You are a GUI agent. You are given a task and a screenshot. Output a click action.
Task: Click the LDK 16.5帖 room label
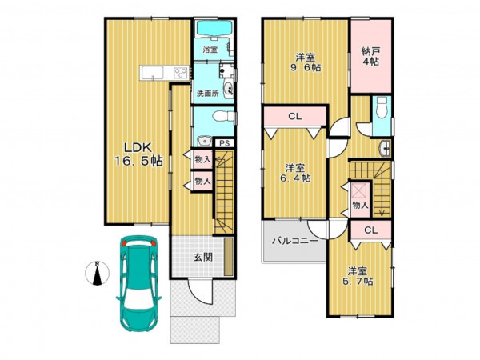coord(138,154)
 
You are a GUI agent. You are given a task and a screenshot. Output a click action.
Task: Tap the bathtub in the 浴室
coord(214,29)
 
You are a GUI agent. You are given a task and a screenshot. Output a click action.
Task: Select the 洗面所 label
coord(207,94)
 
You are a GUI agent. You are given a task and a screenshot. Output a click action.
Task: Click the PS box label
coord(225,143)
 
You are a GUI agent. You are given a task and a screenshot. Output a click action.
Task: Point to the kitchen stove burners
coord(181,73)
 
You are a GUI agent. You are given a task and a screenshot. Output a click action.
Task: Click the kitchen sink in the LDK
coord(152,73)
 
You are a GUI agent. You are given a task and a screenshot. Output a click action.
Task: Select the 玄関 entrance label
coord(202,257)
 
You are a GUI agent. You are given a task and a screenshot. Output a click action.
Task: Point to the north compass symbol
coord(97,274)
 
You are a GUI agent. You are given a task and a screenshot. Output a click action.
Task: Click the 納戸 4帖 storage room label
coord(370,56)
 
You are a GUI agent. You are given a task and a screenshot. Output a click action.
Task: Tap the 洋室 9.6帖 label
coord(306,62)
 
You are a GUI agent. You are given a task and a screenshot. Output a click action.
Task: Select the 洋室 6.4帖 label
coord(295,173)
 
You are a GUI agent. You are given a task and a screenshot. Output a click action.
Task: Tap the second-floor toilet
coord(382,107)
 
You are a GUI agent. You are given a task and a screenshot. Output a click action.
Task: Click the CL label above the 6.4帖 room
coord(295,116)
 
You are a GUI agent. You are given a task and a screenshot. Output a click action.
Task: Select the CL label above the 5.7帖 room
coord(371,230)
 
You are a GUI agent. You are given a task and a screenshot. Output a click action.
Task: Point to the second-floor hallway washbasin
coord(385,149)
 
